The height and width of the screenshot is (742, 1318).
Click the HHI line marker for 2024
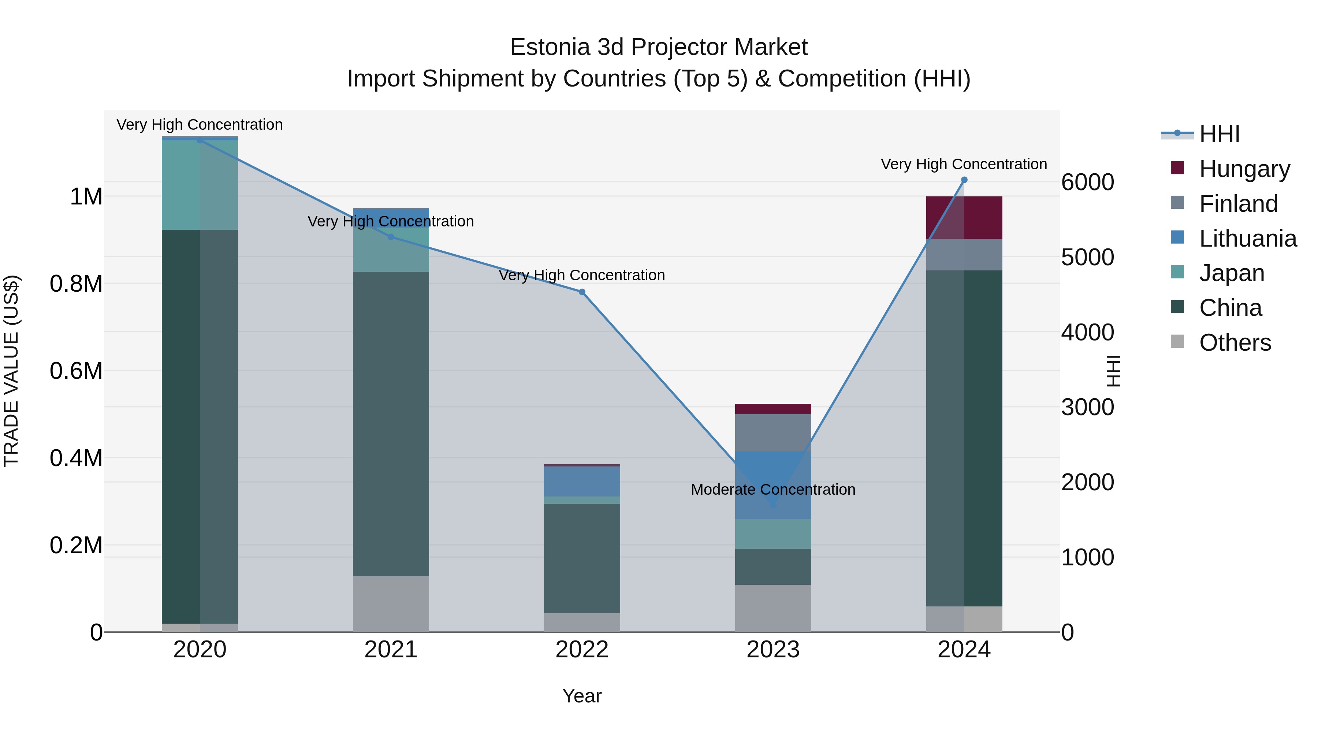[x=964, y=180]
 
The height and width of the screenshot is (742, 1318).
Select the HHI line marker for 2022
[x=582, y=292]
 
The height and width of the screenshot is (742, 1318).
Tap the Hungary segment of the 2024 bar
[x=964, y=218]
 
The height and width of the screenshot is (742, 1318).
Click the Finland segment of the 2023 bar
[x=773, y=433]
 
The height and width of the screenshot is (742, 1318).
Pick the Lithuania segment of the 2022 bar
[x=582, y=481]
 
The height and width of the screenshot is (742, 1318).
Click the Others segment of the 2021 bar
[x=391, y=604]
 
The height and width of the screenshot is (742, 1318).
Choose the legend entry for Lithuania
[x=1247, y=239]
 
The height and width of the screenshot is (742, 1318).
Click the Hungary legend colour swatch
[x=1177, y=168]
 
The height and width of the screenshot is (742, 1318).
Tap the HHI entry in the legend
[x=1219, y=134]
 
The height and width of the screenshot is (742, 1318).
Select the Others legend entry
[x=1235, y=343]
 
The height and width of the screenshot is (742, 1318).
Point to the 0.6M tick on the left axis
[x=76, y=371]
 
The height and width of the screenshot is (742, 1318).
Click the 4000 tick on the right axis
[x=1087, y=332]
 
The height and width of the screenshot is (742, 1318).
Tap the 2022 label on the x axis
[x=582, y=650]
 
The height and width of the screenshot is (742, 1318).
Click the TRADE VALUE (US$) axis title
[x=11, y=371]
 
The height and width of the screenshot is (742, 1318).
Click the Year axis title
[x=582, y=696]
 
